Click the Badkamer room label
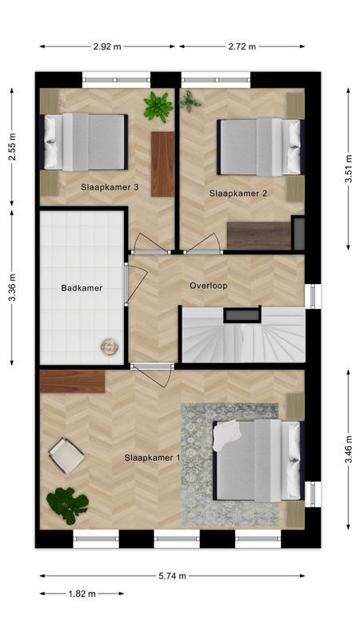pos(82,288)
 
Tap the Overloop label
pos(209,286)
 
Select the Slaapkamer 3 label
pos(110,187)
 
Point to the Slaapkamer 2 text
pos(238,194)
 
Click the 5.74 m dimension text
pos(172,576)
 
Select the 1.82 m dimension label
pos(82,594)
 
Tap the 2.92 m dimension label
pos(107,46)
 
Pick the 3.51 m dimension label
pos(349,169)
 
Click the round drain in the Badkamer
pos(110,346)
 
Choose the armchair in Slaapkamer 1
pos(66,455)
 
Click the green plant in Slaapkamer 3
pos(158,106)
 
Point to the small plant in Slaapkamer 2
pos(190,101)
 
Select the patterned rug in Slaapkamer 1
pos(230,465)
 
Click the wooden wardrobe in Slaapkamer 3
pos(162,164)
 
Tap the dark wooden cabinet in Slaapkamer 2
pos(258,236)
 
